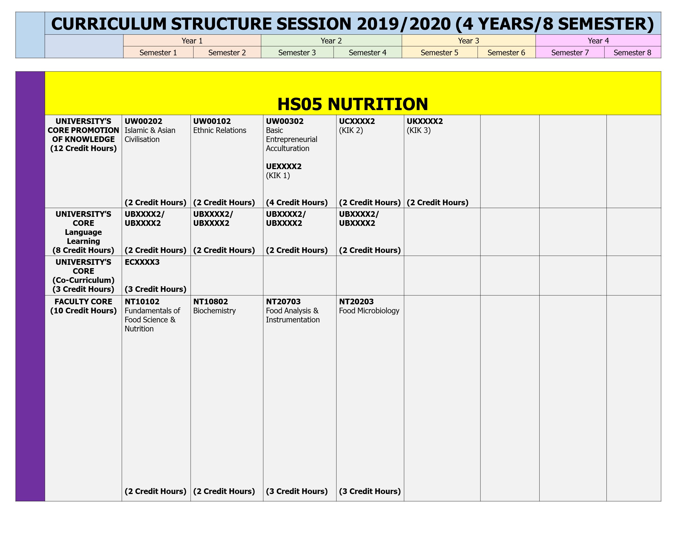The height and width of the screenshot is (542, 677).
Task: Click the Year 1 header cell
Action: pos(192,41)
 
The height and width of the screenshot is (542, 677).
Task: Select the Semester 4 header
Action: pos(367,53)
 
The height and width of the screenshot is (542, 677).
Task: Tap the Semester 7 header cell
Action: pos(570,53)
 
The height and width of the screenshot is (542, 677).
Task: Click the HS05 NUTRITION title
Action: pos(353,104)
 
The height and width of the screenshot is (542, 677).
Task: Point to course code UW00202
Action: pos(143,121)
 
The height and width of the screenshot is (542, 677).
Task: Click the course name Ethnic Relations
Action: pos(219,130)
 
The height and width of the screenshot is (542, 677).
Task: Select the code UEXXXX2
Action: pos(283,167)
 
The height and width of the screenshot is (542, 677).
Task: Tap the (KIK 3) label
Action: pos(419,130)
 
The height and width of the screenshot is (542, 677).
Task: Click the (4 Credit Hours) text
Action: pos(297,203)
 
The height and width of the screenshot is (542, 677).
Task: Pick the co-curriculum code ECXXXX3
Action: pos(142,262)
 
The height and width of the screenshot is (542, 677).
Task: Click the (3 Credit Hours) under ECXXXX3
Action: pos(155,289)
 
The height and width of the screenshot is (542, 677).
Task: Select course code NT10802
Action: pos(210,302)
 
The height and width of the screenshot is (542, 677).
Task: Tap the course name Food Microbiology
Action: pos(369,311)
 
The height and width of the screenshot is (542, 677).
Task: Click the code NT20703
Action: pos(283,302)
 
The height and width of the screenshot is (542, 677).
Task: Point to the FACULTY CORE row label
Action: pos(83,306)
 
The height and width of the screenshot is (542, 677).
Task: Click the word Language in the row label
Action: pos(83,233)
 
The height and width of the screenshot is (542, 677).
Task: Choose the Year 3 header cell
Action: pos(469,41)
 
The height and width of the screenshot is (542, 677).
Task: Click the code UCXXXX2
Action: pos(357,121)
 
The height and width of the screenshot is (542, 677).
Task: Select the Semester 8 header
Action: pos(632,53)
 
